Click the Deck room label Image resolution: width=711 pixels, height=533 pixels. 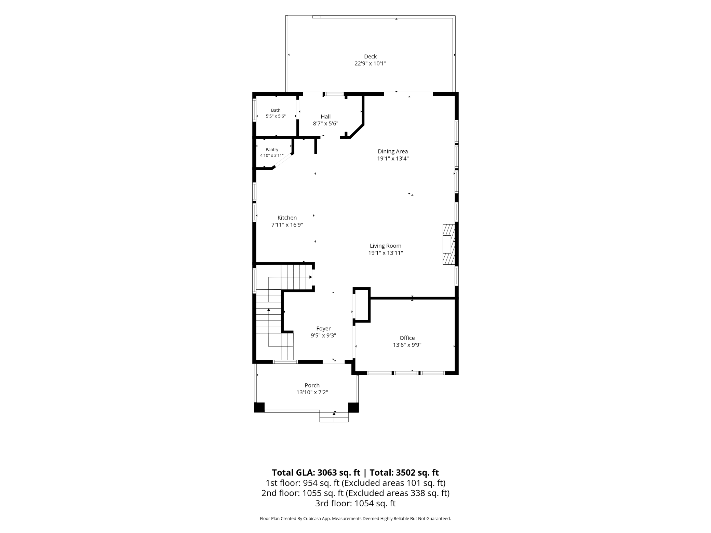pos(370,56)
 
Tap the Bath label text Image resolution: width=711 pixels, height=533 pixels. pos(276,110)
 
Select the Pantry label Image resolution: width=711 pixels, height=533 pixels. pos(272,149)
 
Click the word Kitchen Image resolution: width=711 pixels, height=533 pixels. pos(287,218)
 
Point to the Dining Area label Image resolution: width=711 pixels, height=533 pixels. pos(393,151)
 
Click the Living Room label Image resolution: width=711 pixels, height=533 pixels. pos(386,246)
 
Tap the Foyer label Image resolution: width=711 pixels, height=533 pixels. pos(323,329)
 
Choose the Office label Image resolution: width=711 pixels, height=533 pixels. pos(407,338)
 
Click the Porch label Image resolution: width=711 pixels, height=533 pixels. pos(312,385)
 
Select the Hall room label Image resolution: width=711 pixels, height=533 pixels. pos(325,117)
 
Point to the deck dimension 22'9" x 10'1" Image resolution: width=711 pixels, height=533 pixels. pos(370,64)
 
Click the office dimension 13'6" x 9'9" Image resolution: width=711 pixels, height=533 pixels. pos(407,345)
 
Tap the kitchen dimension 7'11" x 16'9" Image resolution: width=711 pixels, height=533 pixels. pos(287,225)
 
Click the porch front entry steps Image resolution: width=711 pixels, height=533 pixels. pos(334,417)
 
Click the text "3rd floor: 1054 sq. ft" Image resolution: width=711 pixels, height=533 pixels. pos(355,503)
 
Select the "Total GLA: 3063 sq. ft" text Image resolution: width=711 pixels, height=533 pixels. pos(316,473)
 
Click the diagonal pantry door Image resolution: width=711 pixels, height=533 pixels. pos(283,161)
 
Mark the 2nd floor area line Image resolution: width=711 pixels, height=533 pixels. pos(355,493)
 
